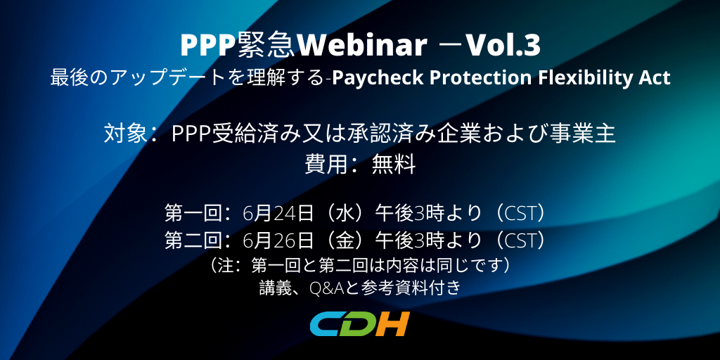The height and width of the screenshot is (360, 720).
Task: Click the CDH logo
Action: (x=359, y=324)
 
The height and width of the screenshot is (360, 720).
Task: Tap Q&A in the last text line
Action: (x=326, y=288)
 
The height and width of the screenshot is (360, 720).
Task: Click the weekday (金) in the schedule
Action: (x=345, y=240)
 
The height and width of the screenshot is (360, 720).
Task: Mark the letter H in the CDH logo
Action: (x=394, y=324)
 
